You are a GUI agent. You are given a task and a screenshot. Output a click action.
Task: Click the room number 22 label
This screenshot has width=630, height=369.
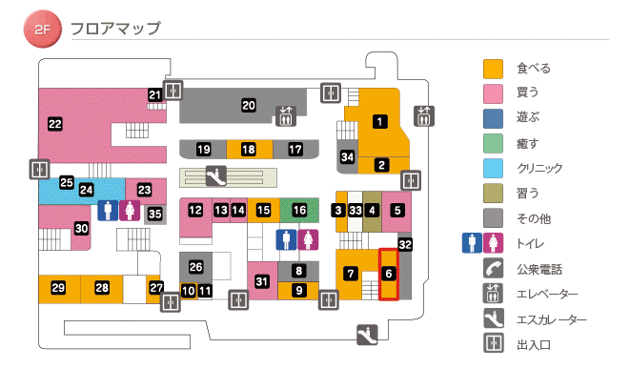click(x=54, y=123)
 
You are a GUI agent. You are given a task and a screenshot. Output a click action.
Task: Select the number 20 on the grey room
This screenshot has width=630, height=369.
click(x=249, y=105)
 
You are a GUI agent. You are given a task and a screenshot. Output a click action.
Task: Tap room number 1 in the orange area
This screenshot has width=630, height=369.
click(x=379, y=121)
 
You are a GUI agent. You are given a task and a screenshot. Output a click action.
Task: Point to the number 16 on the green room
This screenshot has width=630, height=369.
click(x=300, y=209)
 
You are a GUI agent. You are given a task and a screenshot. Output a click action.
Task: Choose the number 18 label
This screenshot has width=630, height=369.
click(x=249, y=150)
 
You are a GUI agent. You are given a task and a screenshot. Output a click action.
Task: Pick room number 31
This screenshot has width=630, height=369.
click(x=262, y=280)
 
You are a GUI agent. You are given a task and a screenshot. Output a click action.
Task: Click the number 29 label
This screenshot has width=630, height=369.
click(x=58, y=288)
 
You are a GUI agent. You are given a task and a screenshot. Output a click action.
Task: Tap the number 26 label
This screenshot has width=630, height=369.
click(x=196, y=267)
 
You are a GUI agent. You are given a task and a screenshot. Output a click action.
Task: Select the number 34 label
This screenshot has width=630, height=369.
click(x=348, y=156)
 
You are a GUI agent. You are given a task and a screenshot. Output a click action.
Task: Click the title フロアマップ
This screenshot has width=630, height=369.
click(x=115, y=29)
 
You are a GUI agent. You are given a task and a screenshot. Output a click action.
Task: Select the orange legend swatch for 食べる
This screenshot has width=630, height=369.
click(x=493, y=69)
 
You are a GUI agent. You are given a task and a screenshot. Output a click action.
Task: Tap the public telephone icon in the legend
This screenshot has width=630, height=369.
click(x=493, y=268)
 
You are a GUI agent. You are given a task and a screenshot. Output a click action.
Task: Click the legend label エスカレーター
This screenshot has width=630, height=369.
click(x=551, y=319)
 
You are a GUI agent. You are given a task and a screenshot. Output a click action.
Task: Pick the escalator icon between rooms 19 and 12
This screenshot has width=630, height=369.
click(x=217, y=175)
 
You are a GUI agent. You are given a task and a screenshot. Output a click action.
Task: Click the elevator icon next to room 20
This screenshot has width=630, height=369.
click(x=285, y=115)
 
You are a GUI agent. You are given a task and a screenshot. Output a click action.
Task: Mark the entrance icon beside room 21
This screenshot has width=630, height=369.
click(x=173, y=91)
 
